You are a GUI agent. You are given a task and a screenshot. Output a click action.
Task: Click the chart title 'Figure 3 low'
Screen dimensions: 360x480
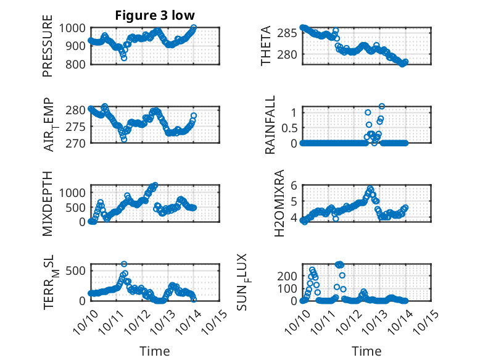tap(155, 15)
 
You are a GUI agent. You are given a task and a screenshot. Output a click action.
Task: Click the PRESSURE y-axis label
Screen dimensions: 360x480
tap(48, 50)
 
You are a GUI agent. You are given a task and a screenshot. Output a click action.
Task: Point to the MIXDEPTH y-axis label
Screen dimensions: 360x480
tap(48, 203)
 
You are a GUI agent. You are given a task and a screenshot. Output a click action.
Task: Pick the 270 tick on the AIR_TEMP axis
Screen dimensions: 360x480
tap(79, 143)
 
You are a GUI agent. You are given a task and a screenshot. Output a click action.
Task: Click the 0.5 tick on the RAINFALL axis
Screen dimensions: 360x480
tap(288, 128)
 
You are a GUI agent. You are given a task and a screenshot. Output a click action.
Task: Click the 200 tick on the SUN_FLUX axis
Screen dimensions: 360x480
tap(289, 275)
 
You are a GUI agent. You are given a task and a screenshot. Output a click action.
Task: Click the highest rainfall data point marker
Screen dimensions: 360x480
tap(382, 107)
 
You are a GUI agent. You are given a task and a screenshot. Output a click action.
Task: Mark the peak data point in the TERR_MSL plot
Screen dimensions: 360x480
tap(124, 264)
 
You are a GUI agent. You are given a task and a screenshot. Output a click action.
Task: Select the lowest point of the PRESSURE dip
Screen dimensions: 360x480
tap(124, 58)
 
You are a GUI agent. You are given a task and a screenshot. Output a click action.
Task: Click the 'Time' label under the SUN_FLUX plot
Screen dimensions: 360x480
tap(366, 351)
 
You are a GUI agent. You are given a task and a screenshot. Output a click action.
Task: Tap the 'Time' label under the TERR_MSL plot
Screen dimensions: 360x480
tap(154, 351)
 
